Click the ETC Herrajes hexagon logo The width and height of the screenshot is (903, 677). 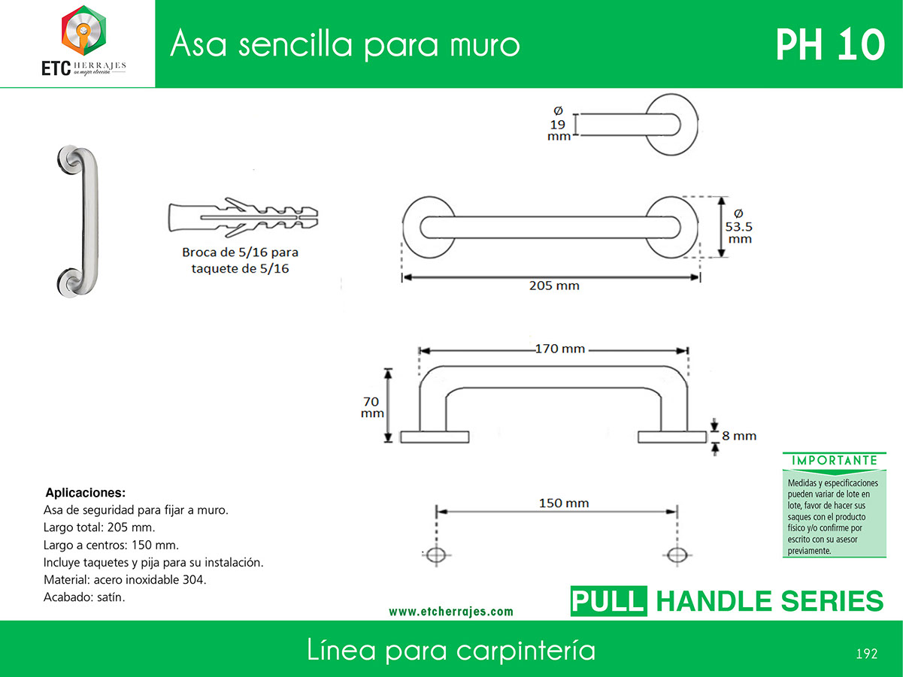(x=84, y=30)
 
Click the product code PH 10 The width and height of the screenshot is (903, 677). (x=830, y=45)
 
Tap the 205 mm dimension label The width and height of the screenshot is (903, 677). (x=554, y=286)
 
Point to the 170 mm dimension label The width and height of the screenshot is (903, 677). (x=560, y=349)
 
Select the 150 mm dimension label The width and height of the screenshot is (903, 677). (x=564, y=503)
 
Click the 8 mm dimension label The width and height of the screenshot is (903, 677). (x=739, y=436)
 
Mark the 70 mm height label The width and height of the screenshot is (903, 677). (x=372, y=407)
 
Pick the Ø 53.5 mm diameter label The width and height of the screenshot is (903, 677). (x=739, y=226)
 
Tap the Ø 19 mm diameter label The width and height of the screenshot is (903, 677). (x=559, y=124)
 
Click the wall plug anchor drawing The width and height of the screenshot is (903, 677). (x=243, y=218)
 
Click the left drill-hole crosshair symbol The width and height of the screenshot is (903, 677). (x=437, y=555)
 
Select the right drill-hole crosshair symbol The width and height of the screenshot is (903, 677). (x=677, y=555)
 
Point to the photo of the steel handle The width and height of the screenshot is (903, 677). (x=78, y=221)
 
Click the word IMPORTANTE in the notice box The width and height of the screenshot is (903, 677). (x=835, y=461)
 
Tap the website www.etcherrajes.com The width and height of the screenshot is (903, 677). (x=451, y=612)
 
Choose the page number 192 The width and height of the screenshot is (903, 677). (x=867, y=654)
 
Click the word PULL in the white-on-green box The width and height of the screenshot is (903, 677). (x=608, y=601)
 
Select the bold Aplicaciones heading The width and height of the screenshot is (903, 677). (x=86, y=492)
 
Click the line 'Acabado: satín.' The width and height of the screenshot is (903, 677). (x=84, y=597)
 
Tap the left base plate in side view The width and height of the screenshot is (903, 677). (x=435, y=437)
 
